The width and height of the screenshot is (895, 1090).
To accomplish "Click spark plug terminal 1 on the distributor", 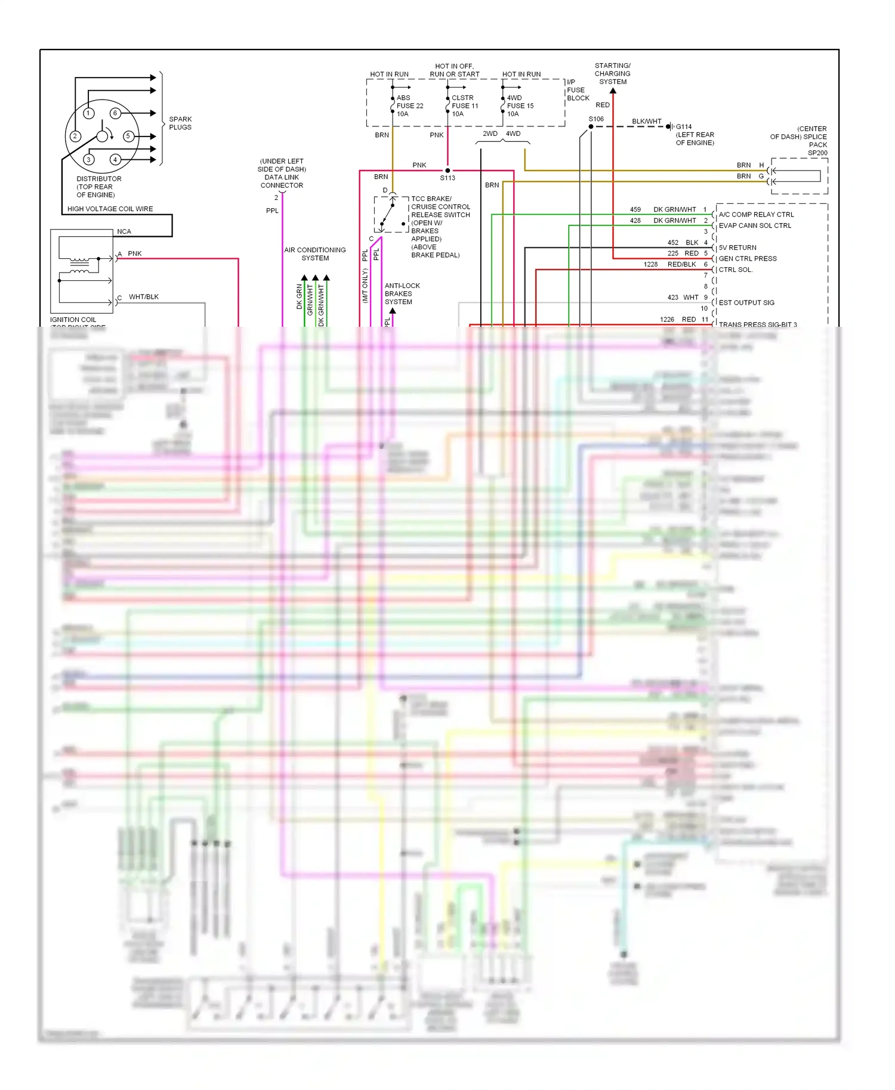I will click(88, 113).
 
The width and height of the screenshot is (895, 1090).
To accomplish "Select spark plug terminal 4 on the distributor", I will click(115, 159).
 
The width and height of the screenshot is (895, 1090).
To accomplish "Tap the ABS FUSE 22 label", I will click(409, 106).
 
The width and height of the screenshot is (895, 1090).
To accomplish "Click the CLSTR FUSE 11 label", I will click(464, 106).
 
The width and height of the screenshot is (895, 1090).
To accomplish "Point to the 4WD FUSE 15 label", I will click(520, 106).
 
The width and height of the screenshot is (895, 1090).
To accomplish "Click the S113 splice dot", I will click(447, 171).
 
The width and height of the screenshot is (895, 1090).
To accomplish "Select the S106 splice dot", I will click(591, 126).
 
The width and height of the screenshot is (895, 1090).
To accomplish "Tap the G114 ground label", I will click(684, 126).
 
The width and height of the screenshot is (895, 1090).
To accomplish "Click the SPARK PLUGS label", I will click(180, 123).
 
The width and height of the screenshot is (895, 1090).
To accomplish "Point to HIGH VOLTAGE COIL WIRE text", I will click(110, 209).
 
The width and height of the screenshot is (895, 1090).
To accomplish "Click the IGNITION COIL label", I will click(73, 320).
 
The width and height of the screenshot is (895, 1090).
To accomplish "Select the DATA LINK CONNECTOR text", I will click(282, 181).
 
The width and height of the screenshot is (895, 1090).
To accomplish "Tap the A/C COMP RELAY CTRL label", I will click(756, 215).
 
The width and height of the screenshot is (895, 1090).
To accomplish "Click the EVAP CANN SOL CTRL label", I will click(755, 225).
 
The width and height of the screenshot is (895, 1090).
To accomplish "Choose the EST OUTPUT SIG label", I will click(746, 302).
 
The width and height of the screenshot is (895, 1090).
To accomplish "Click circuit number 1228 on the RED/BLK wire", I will click(650, 264).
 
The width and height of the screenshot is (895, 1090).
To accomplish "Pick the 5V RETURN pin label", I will click(737, 247).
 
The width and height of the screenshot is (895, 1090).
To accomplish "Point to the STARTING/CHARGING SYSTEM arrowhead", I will click(613, 91).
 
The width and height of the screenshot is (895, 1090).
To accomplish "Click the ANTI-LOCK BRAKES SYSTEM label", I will click(402, 293).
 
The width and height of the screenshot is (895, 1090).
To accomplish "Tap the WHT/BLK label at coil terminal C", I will click(144, 296).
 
